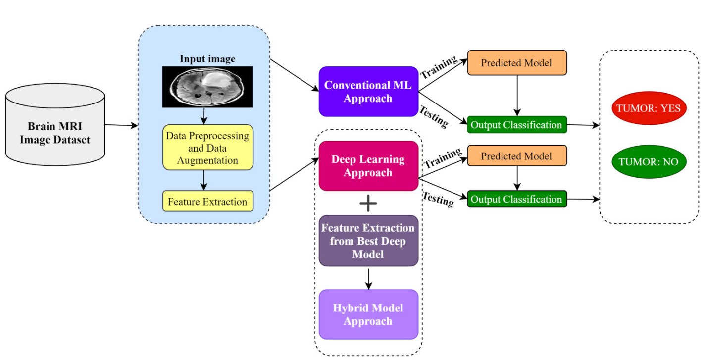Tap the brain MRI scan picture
207,87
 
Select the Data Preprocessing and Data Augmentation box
208,147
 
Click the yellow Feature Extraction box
207,202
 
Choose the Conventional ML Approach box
368,92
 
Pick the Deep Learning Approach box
368,166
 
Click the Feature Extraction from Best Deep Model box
368,241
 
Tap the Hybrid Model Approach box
368,314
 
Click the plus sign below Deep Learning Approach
368,203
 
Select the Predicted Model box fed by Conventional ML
516,63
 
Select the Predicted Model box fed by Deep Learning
516,156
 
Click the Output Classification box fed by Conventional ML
516,125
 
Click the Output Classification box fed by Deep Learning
516,199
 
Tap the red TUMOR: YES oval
649,108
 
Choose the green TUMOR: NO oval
649,162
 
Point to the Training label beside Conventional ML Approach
439,68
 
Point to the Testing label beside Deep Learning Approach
438,199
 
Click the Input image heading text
207,59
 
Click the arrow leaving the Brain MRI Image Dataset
121,126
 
